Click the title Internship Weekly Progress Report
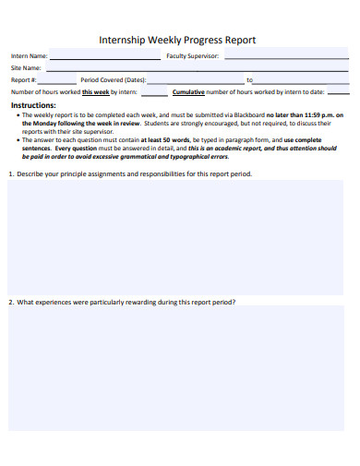coord(177,40)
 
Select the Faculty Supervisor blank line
coord(285,56)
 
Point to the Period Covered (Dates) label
coord(114,80)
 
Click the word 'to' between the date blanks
coord(249,80)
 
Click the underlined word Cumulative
coord(188,92)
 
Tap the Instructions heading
coord(33,105)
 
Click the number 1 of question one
coord(10,173)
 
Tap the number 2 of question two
coord(10,302)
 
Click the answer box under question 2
coord(176,369)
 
